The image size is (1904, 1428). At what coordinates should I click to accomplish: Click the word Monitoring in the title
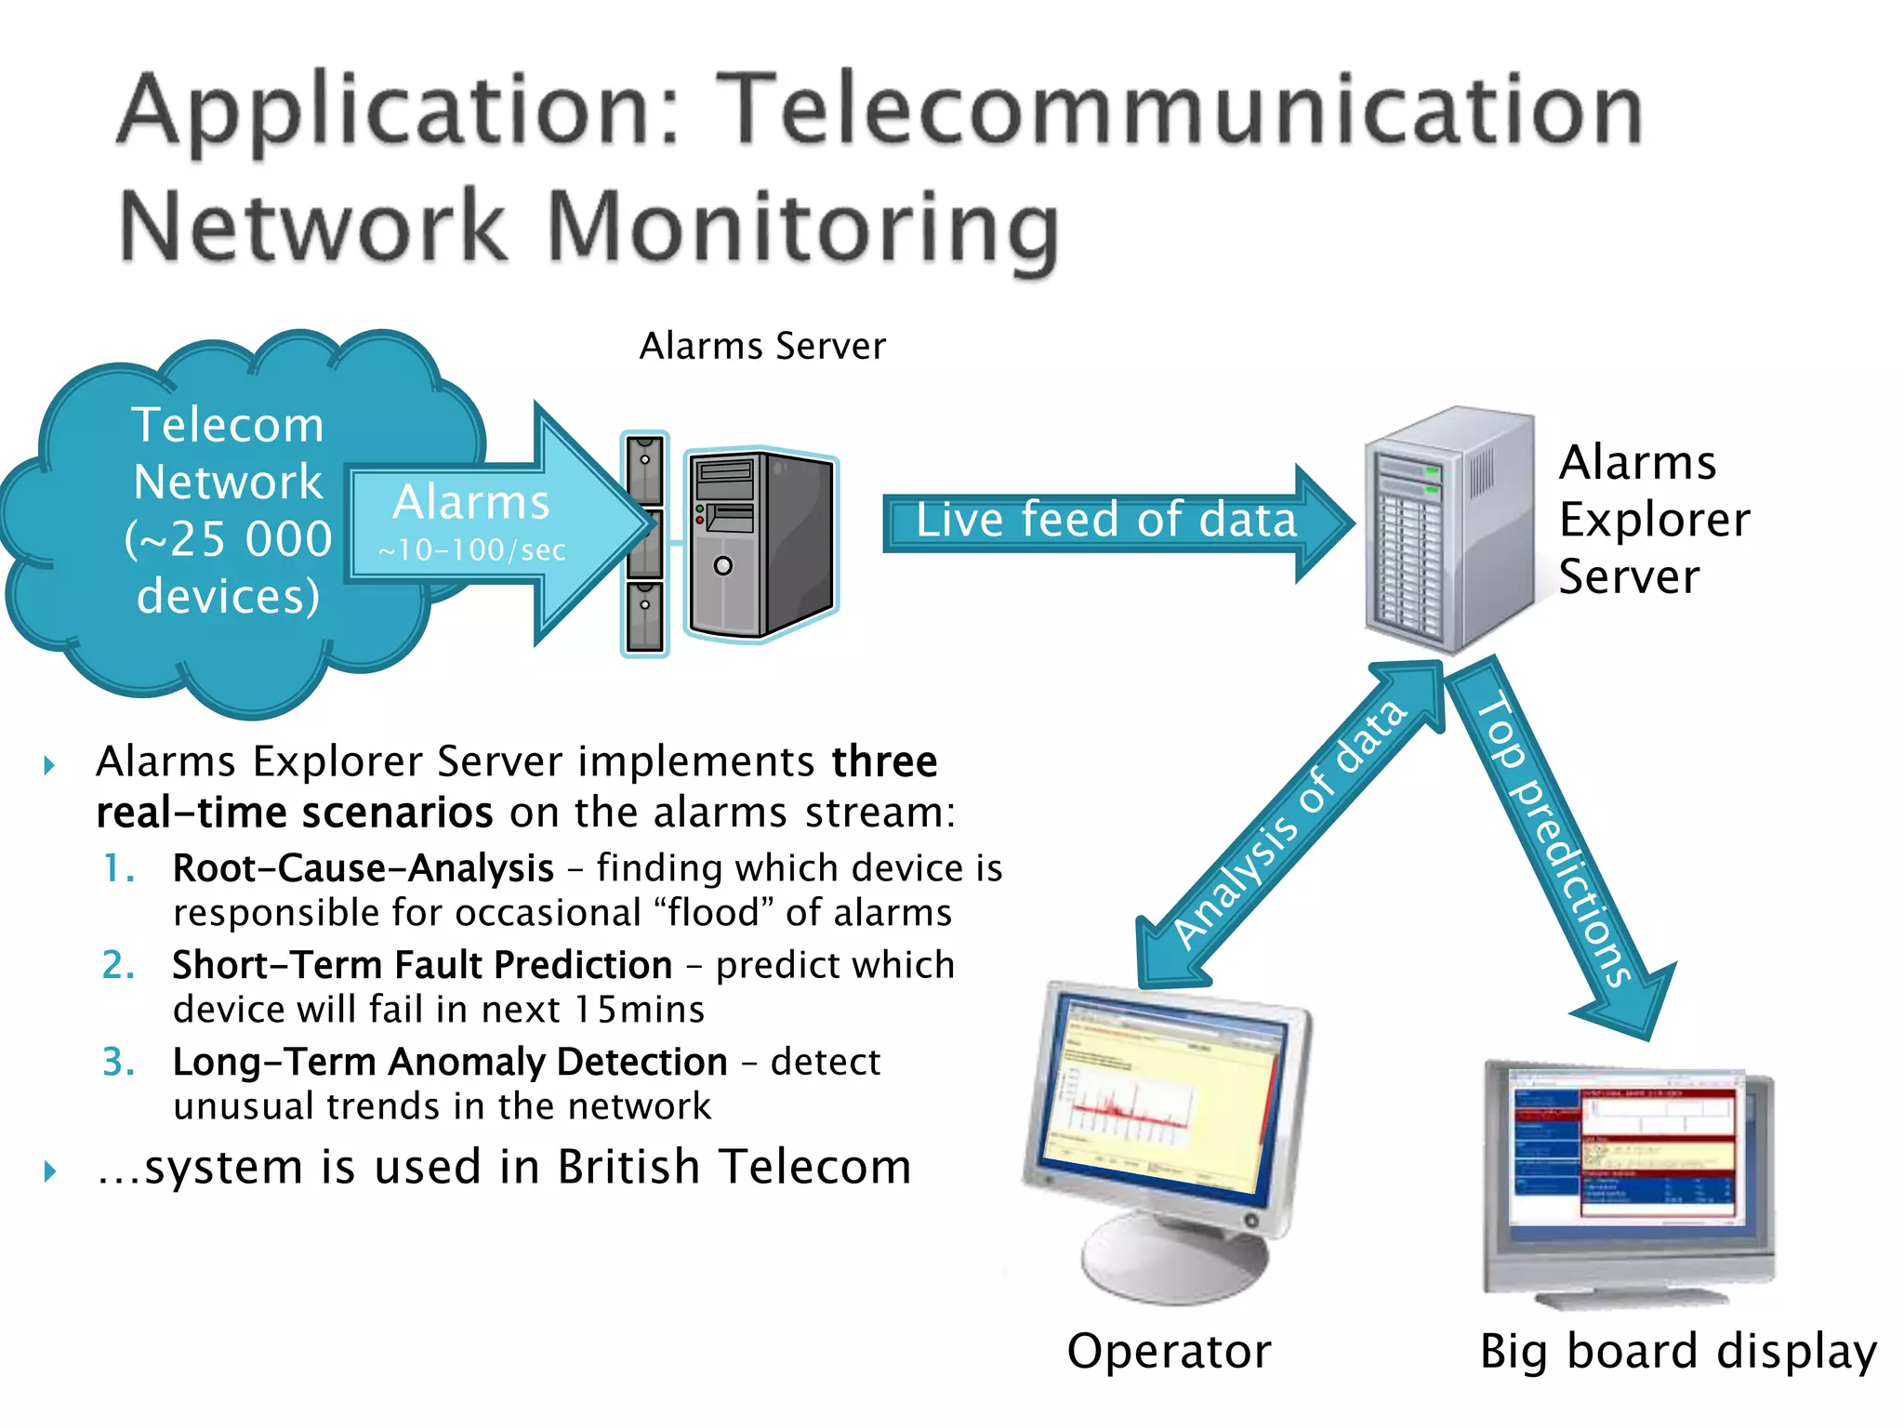pos(803,228)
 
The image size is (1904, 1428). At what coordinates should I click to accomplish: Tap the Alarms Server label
pos(762,346)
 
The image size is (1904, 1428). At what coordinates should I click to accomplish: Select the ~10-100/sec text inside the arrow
pos(472,550)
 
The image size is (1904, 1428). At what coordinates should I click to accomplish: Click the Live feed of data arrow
pos(1106,520)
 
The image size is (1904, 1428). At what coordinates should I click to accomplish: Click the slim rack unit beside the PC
pos(644,544)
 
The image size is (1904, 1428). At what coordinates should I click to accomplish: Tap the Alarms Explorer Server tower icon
pos(1446,530)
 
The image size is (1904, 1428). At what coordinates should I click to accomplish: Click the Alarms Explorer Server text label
pos(1653,519)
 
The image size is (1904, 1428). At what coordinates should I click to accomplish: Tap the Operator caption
pos(1169,1351)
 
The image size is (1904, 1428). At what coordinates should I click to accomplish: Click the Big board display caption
pos(1678,1351)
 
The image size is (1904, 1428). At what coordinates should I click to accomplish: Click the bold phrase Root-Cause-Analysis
pos(364,868)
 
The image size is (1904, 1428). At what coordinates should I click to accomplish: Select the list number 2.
pos(117,965)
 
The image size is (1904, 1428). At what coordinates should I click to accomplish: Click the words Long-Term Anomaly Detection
pos(450,1062)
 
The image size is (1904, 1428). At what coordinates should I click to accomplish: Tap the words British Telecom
pos(734,1167)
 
